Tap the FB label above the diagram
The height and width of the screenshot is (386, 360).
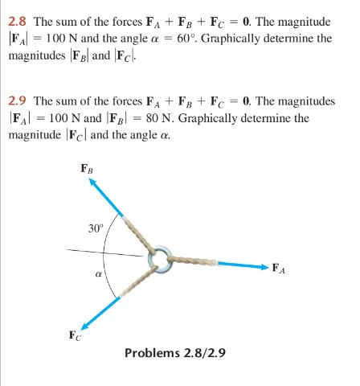click(86, 169)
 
